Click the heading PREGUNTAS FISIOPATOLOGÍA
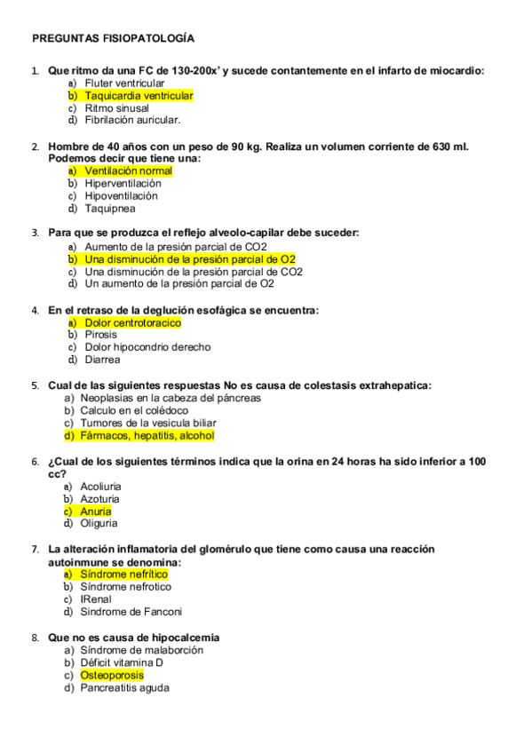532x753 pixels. click(x=113, y=39)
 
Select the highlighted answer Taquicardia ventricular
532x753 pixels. click(x=139, y=96)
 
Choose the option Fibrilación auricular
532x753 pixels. click(x=132, y=120)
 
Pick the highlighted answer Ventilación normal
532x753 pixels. click(x=129, y=170)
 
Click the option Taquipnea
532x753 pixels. click(x=110, y=209)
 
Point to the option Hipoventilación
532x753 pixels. click(x=122, y=196)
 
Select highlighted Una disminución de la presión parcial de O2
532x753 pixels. click(x=190, y=259)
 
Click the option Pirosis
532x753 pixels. click(x=101, y=336)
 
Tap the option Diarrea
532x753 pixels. click(x=103, y=361)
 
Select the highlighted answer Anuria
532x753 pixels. click(x=96, y=511)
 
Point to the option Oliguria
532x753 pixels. click(x=99, y=524)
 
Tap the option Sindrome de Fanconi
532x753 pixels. click(x=131, y=612)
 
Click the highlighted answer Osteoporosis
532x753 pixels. click(x=112, y=676)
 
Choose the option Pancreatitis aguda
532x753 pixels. click(x=124, y=688)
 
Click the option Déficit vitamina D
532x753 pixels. click(x=122, y=662)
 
